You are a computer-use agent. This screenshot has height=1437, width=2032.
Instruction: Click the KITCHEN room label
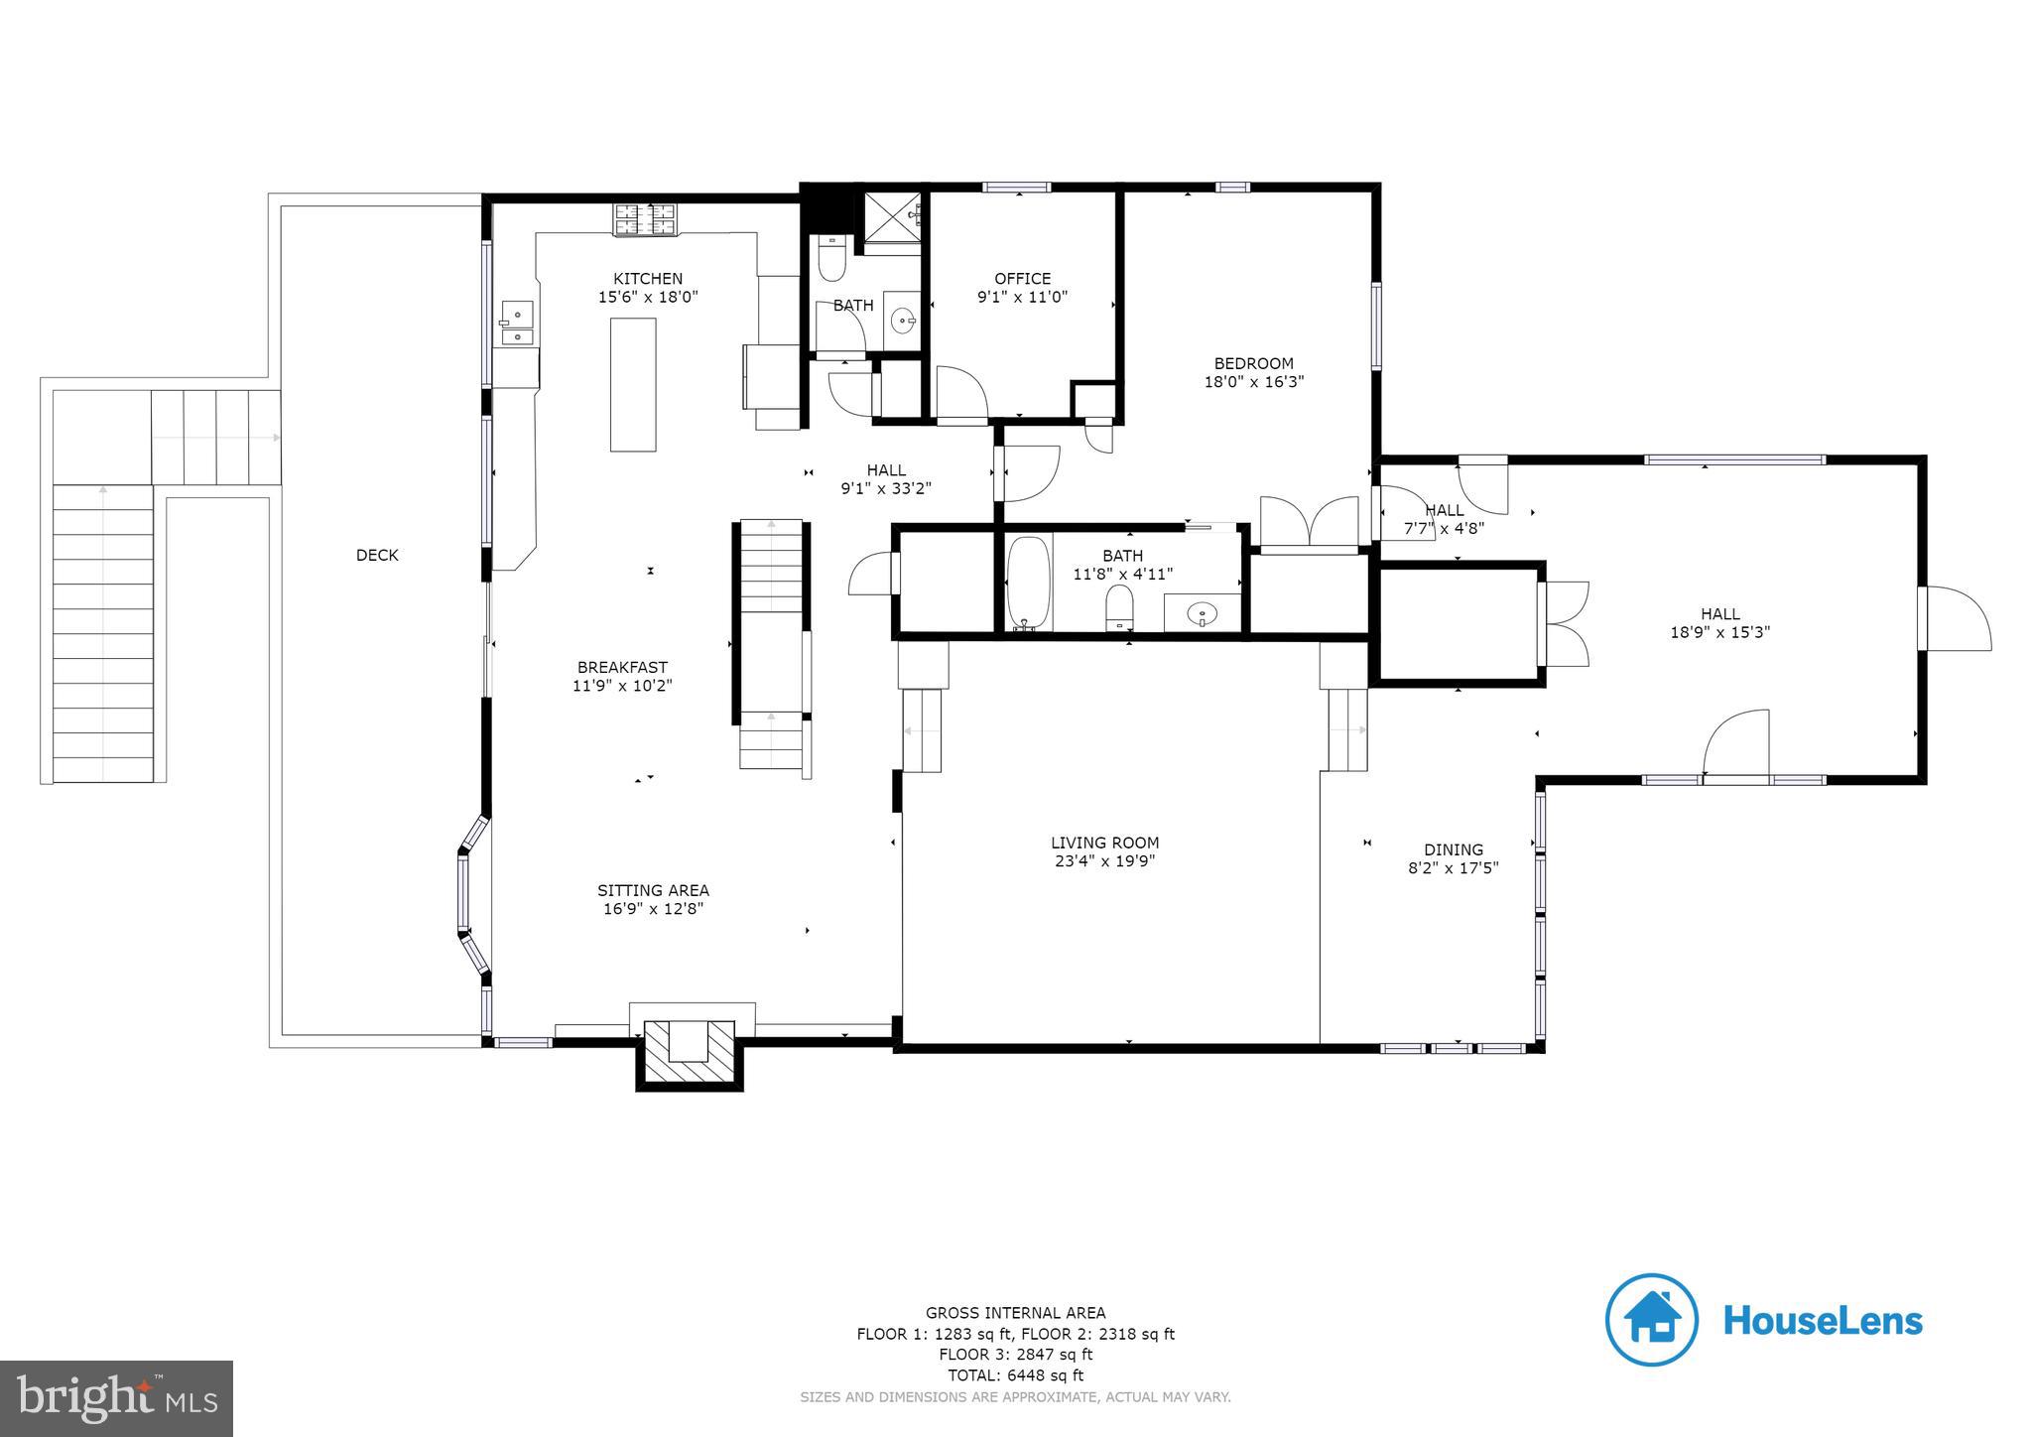(x=647, y=279)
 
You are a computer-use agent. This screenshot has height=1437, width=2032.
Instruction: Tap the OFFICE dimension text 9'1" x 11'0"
(x=1022, y=297)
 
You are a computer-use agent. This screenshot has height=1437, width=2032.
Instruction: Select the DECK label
(x=377, y=555)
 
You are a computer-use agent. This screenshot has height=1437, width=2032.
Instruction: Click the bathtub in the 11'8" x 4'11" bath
(x=1028, y=584)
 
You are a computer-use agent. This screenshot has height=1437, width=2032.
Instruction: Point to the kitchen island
(x=633, y=384)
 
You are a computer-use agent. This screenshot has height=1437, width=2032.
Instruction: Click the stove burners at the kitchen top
(x=646, y=220)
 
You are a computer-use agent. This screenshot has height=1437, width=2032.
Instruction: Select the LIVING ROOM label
(x=1104, y=843)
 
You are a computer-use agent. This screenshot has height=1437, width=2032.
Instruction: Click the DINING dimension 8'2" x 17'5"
(x=1453, y=868)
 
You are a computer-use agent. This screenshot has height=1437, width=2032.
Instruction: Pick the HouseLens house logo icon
(x=1651, y=1319)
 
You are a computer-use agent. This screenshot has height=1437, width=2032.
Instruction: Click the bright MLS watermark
(x=116, y=1399)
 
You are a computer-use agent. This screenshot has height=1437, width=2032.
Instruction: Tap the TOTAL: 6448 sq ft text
(x=1015, y=1375)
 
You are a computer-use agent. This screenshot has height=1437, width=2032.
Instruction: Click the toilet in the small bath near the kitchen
(x=831, y=260)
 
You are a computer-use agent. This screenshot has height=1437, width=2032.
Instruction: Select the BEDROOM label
(x=1253, y=363)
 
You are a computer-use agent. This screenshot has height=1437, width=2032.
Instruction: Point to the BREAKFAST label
(x=622, y=667)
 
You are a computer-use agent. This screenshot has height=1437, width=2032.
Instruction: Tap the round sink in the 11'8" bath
(x=1203, y=614)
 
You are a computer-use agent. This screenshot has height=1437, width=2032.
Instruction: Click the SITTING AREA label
(x=652, y=890)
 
